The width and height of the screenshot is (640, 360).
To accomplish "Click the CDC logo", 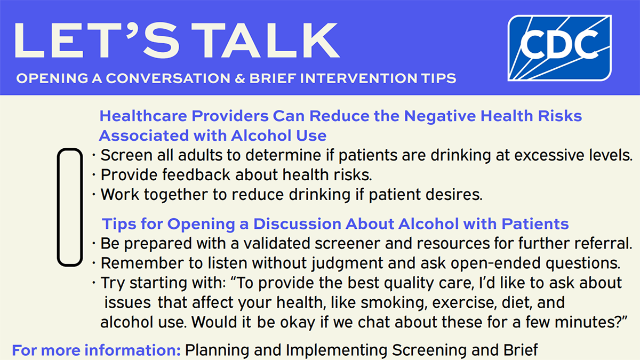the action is pyautogui.click(x=559, y=48).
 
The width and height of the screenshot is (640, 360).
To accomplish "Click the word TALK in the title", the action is pyautogui.click(x=266, y=41).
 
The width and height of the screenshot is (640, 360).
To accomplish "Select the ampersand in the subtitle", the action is pyautogui.click(x=240, y=78).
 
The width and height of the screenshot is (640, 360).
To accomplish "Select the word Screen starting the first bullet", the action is pyautogui.click(x=126, y=155).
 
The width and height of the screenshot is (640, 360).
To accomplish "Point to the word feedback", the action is pyautogui.click(x=196, y=174).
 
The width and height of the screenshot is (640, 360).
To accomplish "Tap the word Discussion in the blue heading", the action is pyautogui.click(x=297, y=223).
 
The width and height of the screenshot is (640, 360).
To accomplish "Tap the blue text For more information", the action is pyautogui.click(x=97, y=350).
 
